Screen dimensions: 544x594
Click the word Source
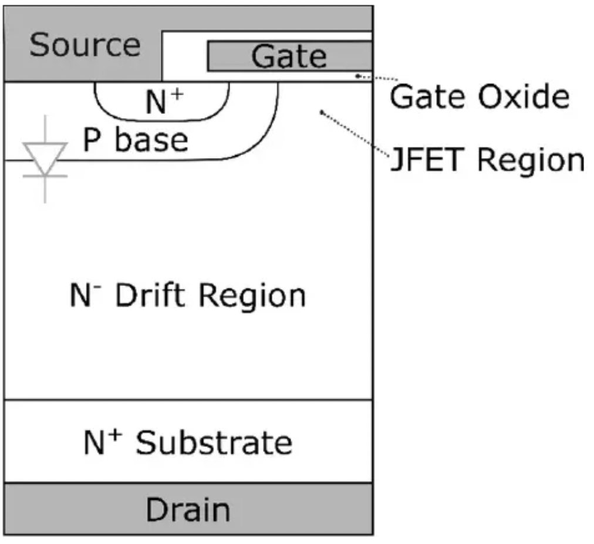pos(85,45)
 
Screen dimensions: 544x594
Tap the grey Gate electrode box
pos(289,56)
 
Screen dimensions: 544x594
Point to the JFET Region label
pos(487,160)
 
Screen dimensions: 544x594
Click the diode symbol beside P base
pos(45,159)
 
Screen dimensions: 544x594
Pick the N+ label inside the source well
pos(163,101)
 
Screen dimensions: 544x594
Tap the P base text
pos(136,140)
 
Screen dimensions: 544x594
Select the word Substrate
pos(214,442)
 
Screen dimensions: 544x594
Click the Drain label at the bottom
pos(188,509)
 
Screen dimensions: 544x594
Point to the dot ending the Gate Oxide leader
pos(357,76)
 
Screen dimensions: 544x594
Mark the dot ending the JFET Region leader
pos(320,112)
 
